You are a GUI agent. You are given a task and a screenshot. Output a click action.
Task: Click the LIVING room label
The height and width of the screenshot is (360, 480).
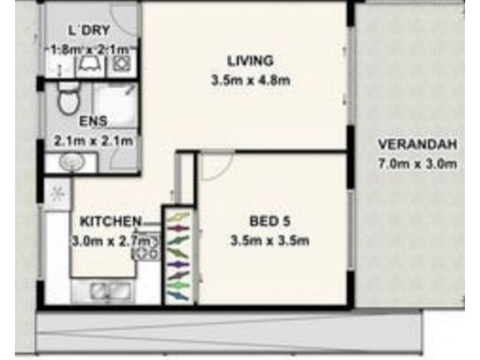click(x=250, y=61)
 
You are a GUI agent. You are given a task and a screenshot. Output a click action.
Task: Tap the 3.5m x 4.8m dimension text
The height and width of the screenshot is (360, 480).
click(x=251, y=81)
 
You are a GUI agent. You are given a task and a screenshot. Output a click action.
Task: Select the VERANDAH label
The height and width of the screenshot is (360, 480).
click(x=418, y=144)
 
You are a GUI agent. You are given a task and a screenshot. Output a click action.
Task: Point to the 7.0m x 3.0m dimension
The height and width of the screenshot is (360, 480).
click(x=418, y=163)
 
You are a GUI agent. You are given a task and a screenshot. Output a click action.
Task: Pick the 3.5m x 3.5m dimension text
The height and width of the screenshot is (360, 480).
click(x=269, y=242)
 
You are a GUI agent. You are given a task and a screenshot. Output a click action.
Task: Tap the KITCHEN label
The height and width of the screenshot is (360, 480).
click(x=110, y=221)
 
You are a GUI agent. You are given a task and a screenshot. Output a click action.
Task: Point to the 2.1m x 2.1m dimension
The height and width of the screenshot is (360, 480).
click(x=93, y=142)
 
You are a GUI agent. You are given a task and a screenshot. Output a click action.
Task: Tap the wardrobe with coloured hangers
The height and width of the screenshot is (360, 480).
click(x=178, y=255)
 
